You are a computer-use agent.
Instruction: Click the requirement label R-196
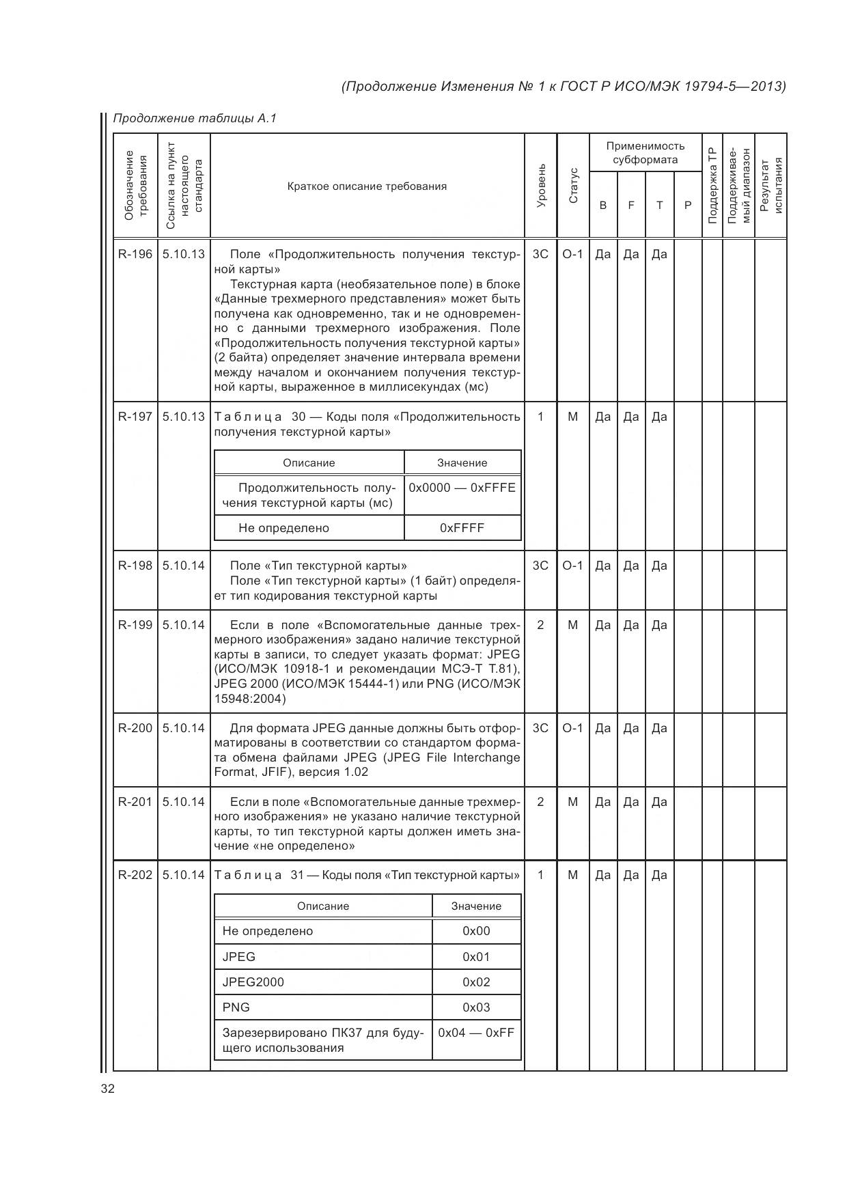[x=135, y=255]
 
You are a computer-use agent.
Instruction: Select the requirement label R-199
[x=135, y=625]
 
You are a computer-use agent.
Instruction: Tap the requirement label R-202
[x=135, y=876]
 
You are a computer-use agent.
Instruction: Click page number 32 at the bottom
[x=108, y=1089]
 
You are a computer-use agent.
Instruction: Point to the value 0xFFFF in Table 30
[x=462, y=528]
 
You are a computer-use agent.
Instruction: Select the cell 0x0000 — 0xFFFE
[x=462, y=488]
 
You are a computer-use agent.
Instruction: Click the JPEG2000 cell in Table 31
[x=253, y=982]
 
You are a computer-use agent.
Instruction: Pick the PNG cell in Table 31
[x=236, y=1007]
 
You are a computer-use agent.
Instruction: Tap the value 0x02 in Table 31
[x=476, y=982]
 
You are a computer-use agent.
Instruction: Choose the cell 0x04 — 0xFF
[x=476, y=1033]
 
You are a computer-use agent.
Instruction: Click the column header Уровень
[x=541, y=186]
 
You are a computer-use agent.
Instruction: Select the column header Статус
[x=573, y=186]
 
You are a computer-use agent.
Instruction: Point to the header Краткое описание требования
[x=367, y=186]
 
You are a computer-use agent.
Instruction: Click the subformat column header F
[x=631, y=205]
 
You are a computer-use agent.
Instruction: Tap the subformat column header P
[x=688, y=205]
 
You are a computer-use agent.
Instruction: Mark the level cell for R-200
[x=540, y=729]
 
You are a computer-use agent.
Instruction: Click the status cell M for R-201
[x=572, y=802]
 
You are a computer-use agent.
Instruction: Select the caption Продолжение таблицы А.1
[x=195, y=119]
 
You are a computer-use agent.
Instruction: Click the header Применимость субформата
[x=645, y=153]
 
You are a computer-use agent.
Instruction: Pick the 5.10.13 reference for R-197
[x=184, y=417]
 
